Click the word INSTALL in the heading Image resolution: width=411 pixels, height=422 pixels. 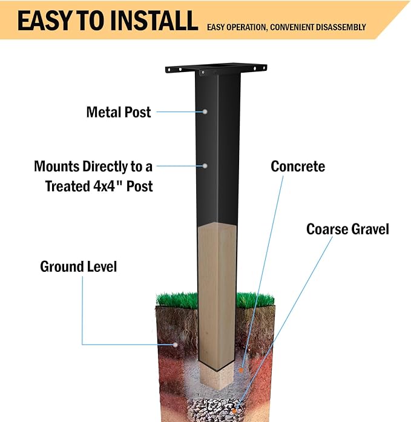pyautogui.click(x=154, y=21)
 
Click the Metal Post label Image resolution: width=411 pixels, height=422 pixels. pyautogui.click(x=119, y=112)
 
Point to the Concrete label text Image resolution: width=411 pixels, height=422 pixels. pyautogui.click(x=298, y=166)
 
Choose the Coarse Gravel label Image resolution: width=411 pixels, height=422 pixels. pyautogui.click(x=347, y=229)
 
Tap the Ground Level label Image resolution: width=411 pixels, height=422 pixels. pyautogui.click(x=78, y=266)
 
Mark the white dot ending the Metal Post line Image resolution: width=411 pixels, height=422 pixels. pyautogui.click(x=205, y=111)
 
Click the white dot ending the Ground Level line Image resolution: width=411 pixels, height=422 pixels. pyautogui.click(x=176, y=345)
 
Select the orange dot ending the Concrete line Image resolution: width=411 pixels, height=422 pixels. pyautogui.click(x=241, y=371)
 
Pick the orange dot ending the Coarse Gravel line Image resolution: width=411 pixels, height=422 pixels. pyautogui.click(x=234, y=411)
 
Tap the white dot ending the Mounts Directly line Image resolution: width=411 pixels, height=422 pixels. pyautogui.click(x=205, y=166)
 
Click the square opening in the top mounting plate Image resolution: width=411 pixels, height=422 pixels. pyautogui.click(x=218, y=65)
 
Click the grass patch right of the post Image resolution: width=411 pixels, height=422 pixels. pyautogui.click(x=255, y=300)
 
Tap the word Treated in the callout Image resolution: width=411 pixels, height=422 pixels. pyautogui.click(x=67, y=186)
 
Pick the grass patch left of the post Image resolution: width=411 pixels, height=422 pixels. pyautogui.click(x=177, y=300)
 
